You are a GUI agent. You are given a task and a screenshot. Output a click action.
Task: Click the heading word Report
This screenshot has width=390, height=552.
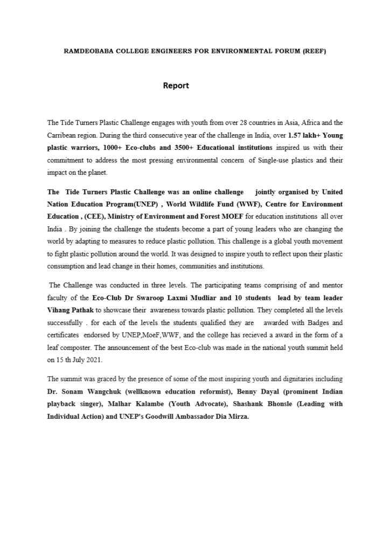176,86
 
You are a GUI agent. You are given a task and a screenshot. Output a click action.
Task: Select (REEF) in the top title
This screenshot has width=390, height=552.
315,52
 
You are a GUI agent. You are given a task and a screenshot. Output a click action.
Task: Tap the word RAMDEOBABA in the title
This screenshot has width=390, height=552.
89,52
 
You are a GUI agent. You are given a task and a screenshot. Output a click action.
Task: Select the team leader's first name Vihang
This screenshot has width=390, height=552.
59,310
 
